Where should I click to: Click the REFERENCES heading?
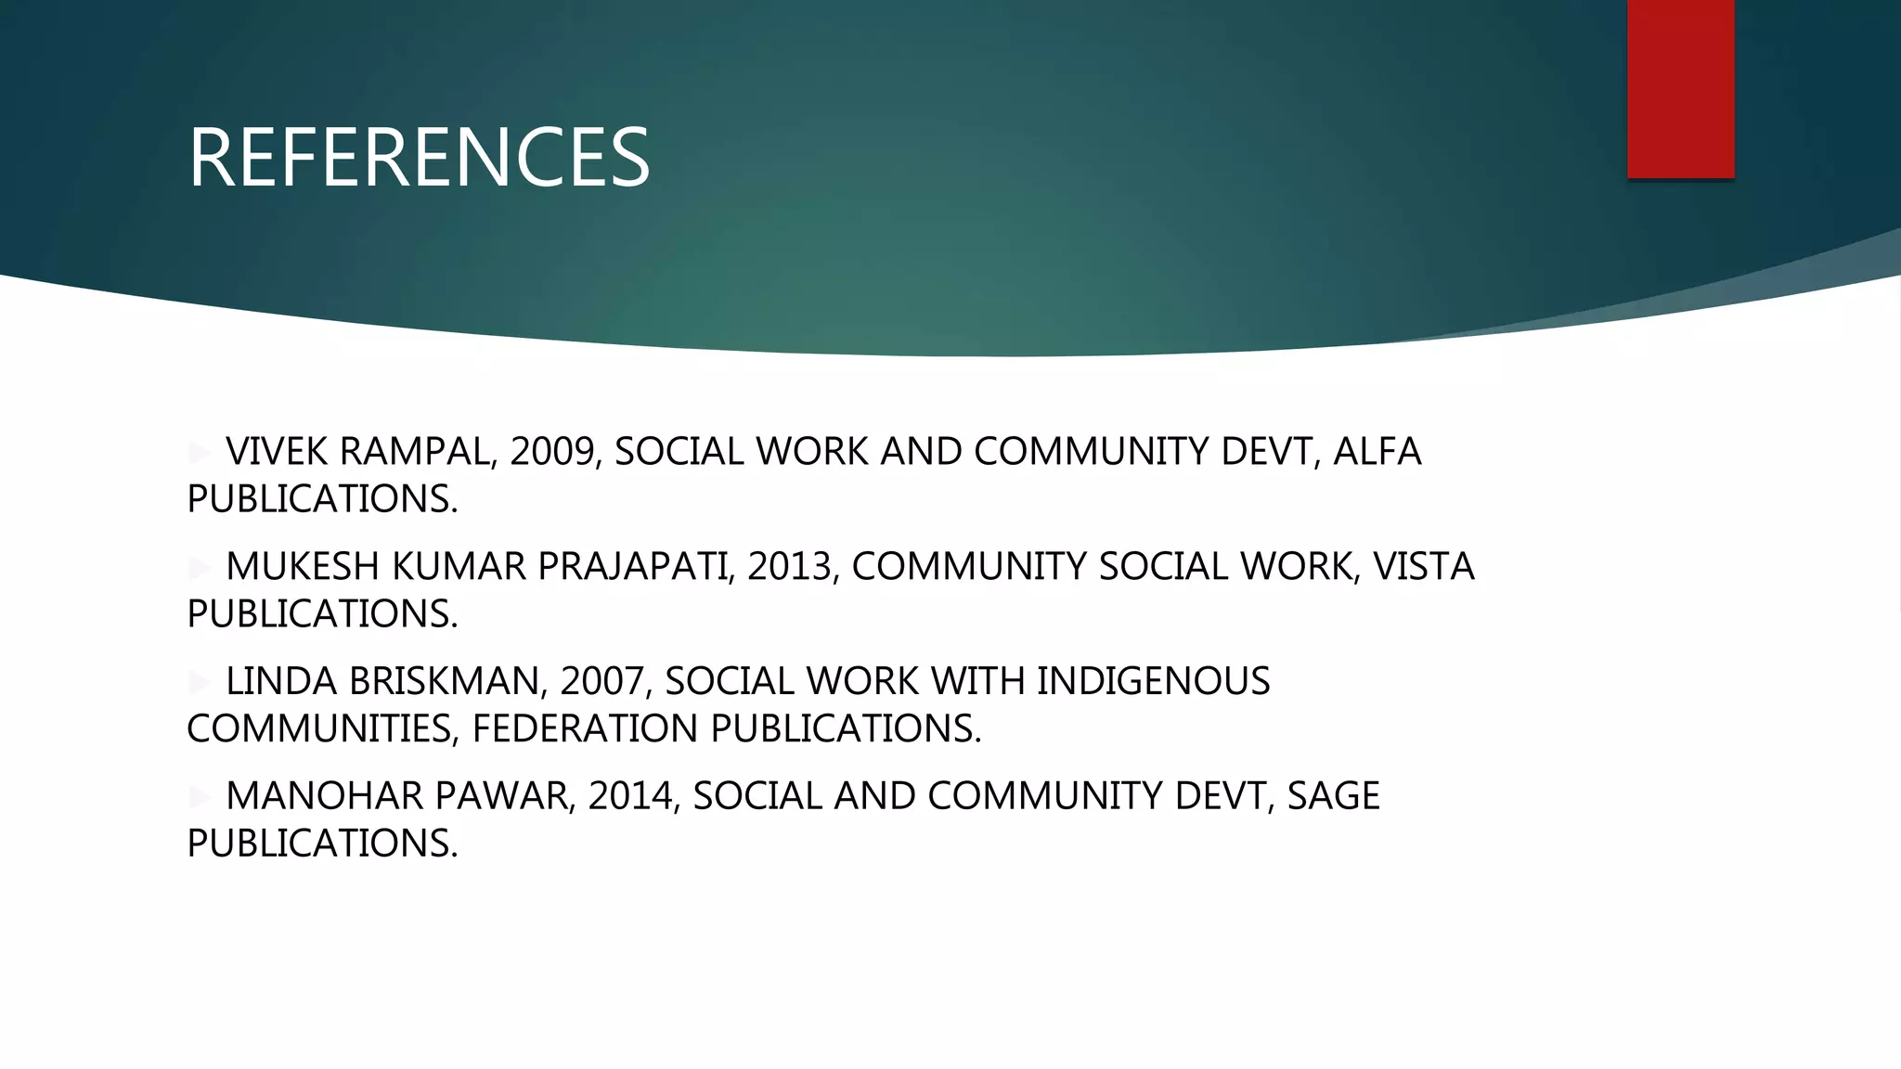(x=419, y=158)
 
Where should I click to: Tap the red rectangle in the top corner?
(x=1680, y=88)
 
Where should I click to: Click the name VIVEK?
(x=277, y=452)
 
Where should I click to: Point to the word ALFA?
(x=1377, y=452)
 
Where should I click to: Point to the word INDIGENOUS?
(x=1153, y=682)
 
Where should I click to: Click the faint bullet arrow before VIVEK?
(x=200, y=453)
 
